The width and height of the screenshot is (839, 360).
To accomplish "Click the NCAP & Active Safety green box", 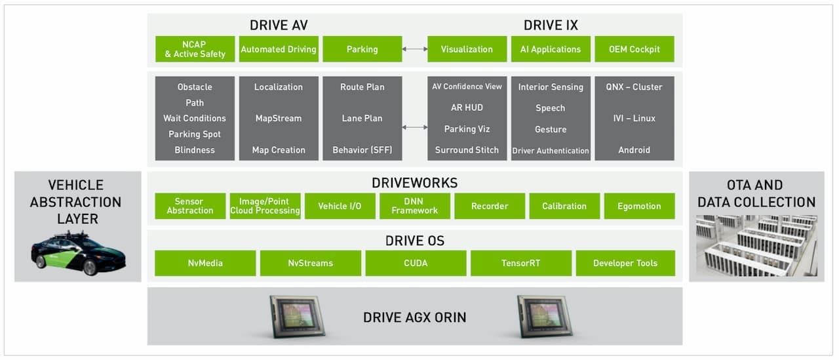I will point(195,49).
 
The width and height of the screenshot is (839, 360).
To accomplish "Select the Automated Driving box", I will point(279,49).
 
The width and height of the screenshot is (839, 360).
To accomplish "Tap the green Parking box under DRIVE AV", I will point(362,49).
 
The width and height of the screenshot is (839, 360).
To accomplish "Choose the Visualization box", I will point(467,49).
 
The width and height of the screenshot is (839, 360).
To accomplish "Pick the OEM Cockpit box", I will point(634,49).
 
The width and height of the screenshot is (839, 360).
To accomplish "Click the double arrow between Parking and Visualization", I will point(414,49).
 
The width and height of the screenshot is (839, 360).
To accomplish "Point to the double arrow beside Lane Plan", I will point(414,127).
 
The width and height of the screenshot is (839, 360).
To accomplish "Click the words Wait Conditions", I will point(195,119).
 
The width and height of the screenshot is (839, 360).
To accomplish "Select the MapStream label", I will point(279,119).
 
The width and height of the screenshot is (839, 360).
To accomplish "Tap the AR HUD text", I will point(467,108).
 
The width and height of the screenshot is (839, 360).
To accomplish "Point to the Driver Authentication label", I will point(551,151).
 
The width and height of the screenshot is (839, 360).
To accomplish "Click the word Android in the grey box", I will point(634,150).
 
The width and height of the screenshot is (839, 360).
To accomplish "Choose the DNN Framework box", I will point(415,206).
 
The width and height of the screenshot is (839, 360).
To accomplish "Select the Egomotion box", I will point(639,206).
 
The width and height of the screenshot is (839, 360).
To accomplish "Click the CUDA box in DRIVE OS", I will point(416,263).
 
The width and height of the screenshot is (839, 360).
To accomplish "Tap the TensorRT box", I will point(521,263).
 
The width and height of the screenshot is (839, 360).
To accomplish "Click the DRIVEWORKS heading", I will point(415,183).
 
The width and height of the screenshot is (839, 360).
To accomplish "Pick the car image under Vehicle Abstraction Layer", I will point(78,254).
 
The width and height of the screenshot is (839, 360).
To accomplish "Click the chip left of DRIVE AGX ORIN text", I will point(298,316).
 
